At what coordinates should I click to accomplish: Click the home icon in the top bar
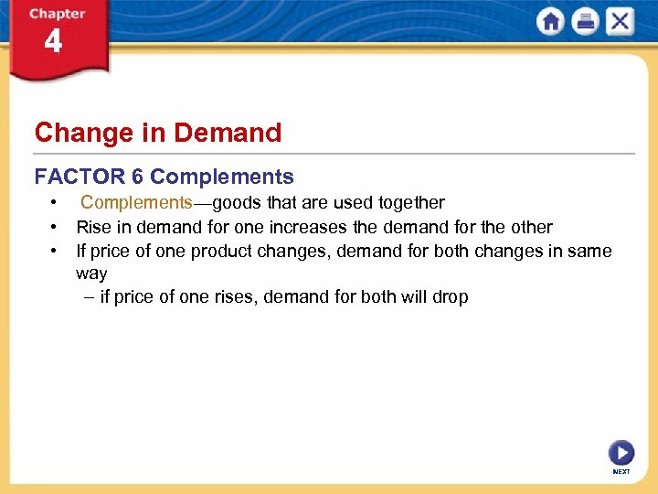(x=551, y=21)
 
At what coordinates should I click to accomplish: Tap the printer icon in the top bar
(x=586, y=21)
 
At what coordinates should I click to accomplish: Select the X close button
(x=620, y=21)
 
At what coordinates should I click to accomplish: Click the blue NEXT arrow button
(x=621, y=452)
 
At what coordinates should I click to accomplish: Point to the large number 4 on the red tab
(x=53, y=42)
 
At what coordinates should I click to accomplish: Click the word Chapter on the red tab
(x=57, y=14)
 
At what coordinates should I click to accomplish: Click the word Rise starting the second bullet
(x=94, y=227)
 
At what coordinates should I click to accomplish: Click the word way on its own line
(x=91, y=274)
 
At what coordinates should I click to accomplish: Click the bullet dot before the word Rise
(x=56, y=227)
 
